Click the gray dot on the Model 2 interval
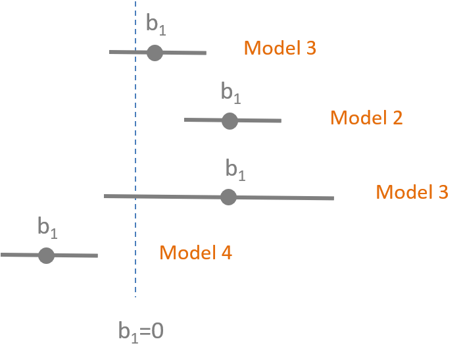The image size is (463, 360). click(229, 120)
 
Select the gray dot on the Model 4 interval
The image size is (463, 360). click(46, 255)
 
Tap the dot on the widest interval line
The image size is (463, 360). click(228, 197)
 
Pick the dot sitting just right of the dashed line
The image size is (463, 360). click(155, 53)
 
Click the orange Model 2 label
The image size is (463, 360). click(366, 118)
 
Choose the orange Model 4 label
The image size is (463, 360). click(195, 253)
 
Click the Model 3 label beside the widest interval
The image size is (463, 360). click(412, 192)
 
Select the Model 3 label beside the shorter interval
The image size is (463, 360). click(280, 48)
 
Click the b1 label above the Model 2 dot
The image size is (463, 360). click(231, 94)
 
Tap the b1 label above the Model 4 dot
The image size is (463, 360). click(47, 228)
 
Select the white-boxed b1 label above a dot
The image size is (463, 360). click(235, 170)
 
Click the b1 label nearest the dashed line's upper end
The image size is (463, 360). click(156, 25)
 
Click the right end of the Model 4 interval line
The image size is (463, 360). click(97, 255)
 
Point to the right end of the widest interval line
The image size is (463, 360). click(333, 197)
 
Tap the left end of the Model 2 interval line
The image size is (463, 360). click(184, 120)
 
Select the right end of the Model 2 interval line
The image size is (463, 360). click(281, 120)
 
